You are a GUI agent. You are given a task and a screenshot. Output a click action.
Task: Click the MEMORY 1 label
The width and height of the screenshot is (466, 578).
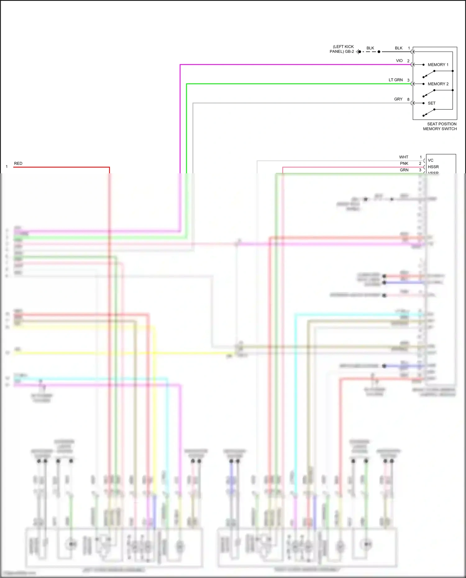point(438,65)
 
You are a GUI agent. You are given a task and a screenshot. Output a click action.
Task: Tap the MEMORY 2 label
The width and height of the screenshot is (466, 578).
point(438,84)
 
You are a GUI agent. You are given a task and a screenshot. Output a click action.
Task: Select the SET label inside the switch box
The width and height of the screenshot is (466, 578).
point(431,103)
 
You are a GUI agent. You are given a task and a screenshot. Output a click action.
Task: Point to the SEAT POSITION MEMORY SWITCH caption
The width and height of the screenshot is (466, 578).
point(440,126)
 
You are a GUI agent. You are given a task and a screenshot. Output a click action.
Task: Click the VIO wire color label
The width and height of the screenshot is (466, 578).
point(399,61)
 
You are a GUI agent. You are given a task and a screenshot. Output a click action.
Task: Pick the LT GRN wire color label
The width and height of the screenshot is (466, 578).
point(395,80)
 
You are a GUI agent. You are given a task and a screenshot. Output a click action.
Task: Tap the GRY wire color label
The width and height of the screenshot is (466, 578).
point(398,99)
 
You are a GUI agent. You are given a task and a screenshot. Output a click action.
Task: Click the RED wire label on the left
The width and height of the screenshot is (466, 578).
point(18,163)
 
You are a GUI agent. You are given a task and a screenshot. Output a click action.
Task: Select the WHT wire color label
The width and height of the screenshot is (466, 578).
point(404,157)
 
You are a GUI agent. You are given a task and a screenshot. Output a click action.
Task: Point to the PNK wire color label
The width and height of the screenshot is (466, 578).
point(404,163)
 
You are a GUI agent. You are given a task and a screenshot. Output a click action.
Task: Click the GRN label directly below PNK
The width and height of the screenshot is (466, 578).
point(404,170)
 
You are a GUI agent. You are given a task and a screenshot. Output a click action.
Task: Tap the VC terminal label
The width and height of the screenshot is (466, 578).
point(430,160)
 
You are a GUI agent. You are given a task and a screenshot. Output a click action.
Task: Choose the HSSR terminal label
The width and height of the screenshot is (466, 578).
point(433,167)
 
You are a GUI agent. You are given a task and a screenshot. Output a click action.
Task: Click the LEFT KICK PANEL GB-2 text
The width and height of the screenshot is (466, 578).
point(342,49)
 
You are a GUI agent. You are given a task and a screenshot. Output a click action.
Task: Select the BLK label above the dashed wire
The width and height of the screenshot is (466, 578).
point(370,48)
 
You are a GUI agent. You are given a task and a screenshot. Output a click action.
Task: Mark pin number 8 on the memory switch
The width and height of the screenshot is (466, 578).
point(408,99)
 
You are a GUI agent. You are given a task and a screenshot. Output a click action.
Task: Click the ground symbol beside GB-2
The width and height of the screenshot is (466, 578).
point(358,52)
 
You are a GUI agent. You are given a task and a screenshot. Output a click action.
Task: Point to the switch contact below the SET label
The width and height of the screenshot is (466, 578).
point(429,113)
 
